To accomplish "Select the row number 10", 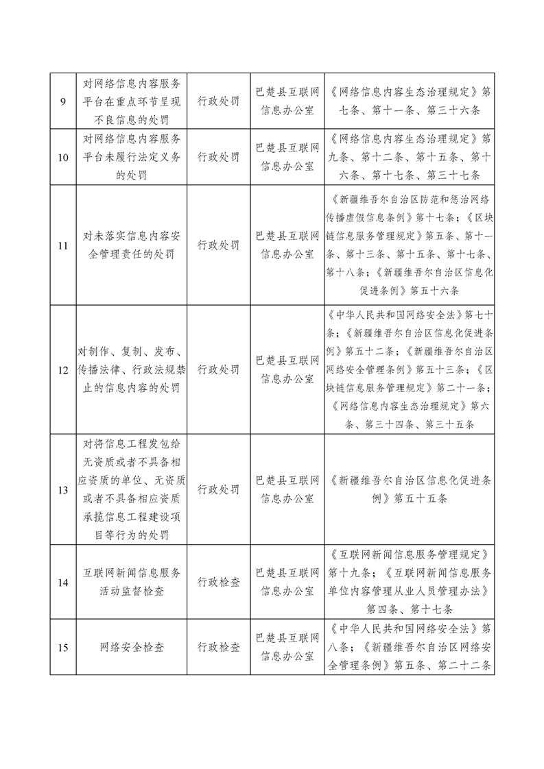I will pyautogui.click(x=63, y=157).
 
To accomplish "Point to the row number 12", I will pyautogui.click(x=63, y=370).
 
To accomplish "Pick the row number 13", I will pyautogui.click(x=63, y=490).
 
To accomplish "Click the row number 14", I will pyautogui.click(x=63, y=583).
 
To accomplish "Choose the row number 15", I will pyautogui.click(x=63, y=647).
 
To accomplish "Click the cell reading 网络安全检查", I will pyautogui.click(x=132, y=647).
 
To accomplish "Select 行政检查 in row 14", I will pyautogui.click(x=219, y=583).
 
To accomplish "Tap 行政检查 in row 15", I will pyautogui.click(x=219, y=647).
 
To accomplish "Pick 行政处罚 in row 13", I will pyautogui.click(x=219, y=490).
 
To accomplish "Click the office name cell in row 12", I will pyautogui.click(x=287, y=370).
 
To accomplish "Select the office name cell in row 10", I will pyautogui.click(x=287, y=157).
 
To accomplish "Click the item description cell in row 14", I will pyautogui.click(x=132, y=583).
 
